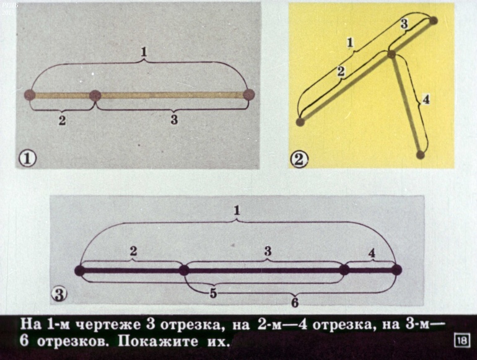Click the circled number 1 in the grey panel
[27, 159]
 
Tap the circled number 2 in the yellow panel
[299, 159]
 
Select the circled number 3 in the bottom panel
[59, 294]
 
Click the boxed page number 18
[461, 340]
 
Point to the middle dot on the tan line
[95, 95]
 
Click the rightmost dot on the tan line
[248, 95]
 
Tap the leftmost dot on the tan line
[30, 95]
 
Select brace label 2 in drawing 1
[62, 120]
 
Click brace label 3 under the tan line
[174, 120]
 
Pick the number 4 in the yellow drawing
[426, 99]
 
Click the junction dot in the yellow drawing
[392, 54]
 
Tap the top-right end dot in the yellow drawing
[433, 20]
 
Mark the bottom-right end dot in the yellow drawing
[421, 154]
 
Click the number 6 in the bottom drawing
[295, 302]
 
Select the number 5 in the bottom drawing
[213, 293]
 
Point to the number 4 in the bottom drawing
[372, 253]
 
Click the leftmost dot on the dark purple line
[80, 271]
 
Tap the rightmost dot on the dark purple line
[396, 270]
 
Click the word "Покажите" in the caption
[157, 341]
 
